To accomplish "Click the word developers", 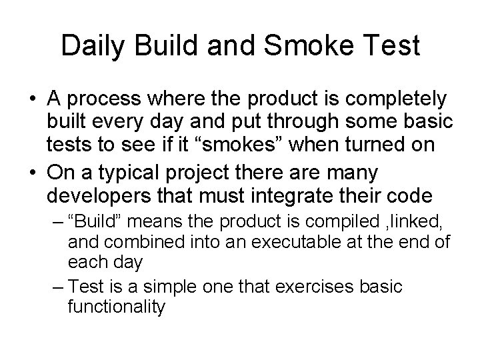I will click(107, 197).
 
